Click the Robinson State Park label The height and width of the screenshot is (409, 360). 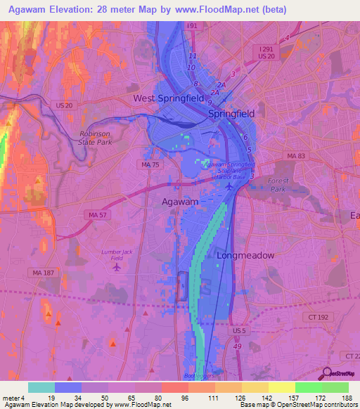coord(96,136)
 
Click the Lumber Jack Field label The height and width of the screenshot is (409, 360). coord(116,254)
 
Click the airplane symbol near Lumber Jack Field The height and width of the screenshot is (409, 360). coord(117,266)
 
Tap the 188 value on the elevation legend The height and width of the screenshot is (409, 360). coord(347,398)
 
